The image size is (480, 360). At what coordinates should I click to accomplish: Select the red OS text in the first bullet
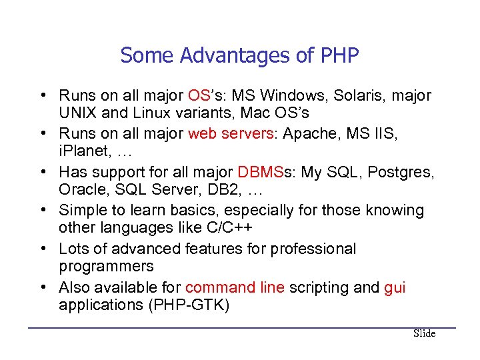[200, 95]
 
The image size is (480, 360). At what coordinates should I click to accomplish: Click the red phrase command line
[235, 288]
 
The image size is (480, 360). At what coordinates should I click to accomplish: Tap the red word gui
[395, 288]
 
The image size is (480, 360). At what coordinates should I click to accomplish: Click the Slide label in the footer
[424, 333]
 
